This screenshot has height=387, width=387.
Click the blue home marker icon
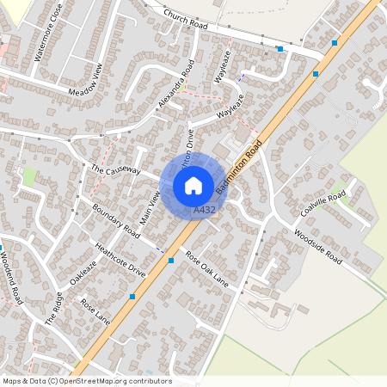(x=193, y=186)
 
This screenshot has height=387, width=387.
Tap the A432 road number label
(x=205, y=209)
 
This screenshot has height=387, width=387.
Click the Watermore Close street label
(x=48, y=40)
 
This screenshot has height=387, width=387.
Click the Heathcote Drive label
(x=120, y=258)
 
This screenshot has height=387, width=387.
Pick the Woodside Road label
(x=317, y=247)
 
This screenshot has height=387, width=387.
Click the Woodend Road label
(x=10, y=276)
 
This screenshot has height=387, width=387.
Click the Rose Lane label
(x=95, y=311)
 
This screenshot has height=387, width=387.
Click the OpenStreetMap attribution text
(x=86, y=381)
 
